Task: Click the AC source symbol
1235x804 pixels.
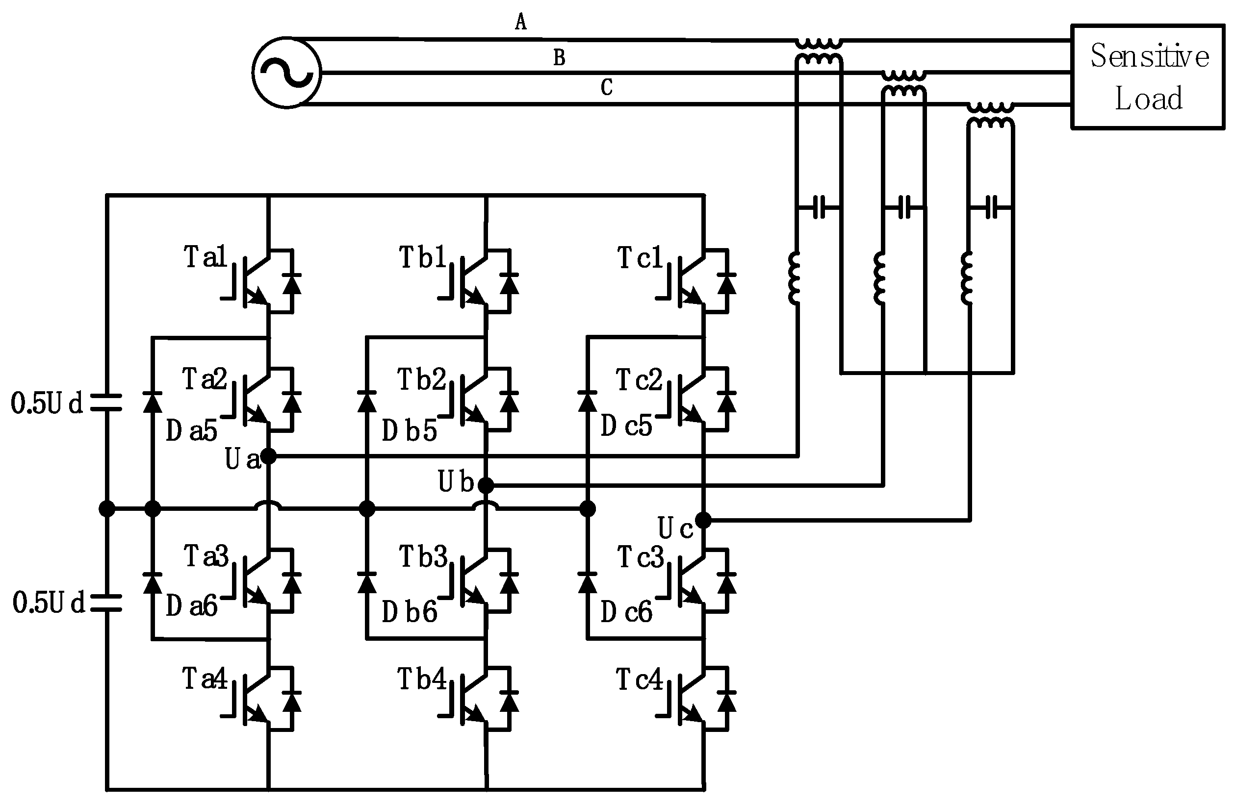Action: [x=286, y=73]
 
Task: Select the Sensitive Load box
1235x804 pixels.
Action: [x=1147, y=76]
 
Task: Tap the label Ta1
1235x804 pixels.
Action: [x=206, y=257]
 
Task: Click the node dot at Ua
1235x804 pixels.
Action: [x=268, y=456]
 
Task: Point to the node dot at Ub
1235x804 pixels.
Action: [x=486, y=485]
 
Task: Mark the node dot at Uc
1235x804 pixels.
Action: [x=703, y=520]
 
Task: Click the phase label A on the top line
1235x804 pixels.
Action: [x=520, y=22]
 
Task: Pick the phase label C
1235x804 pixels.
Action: [x=606, y=88]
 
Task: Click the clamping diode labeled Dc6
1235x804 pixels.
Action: [x=588, y=582]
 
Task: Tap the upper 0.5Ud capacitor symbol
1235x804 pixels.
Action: [x=106, y=402]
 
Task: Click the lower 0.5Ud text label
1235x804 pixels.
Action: [x=48, y=603]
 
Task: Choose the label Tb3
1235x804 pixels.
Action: [x=423, y=556]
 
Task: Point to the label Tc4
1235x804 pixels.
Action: [x=639, y=679]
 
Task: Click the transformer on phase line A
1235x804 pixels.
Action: [x=819, y=51]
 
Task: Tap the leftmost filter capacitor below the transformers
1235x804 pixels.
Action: [x=819, y=207]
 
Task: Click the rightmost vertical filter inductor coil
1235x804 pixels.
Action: [x=967, y=277]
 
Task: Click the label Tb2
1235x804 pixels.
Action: [x=421, y=380]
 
